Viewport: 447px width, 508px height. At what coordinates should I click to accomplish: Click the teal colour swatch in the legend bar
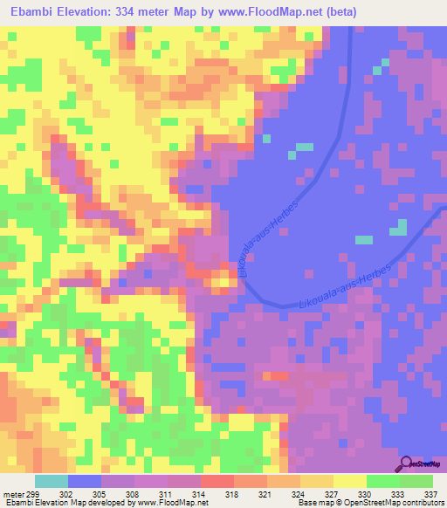tap(51, 481)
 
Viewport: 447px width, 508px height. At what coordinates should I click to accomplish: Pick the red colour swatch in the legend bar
tap(217, 481)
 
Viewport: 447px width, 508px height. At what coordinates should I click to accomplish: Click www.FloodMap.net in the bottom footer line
tap(166, 503)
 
